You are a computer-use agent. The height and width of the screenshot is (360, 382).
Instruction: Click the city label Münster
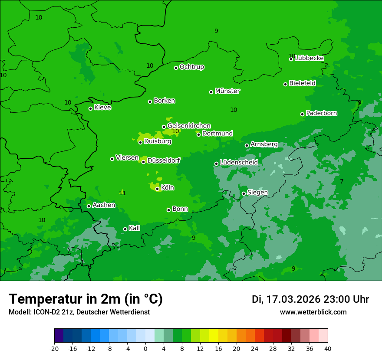click(x=227, y=91)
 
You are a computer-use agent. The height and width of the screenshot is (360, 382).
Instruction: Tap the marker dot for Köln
click(x=157, y=189)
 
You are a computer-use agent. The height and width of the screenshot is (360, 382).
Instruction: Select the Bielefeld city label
click(x=303, y=83)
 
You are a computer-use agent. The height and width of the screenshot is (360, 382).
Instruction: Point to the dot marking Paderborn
click(x=302, y=114)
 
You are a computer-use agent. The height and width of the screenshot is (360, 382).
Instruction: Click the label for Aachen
click(x=104, y=205)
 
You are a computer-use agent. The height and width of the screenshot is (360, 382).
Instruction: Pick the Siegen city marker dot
click(x=244, y=193)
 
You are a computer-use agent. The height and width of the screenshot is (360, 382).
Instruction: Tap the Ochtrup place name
click(x=192, y=67)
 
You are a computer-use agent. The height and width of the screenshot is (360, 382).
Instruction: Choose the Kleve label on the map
click(x=102, y=108)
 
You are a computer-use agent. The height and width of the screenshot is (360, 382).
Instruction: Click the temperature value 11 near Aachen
click(x=122, y=193)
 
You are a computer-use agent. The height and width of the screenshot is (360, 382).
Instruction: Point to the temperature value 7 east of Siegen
click(x=342, y=181)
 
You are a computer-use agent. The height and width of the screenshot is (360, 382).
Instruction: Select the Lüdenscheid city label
click(x=239, y=163)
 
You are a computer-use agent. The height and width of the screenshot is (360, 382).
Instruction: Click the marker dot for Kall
click(x=125, y=229)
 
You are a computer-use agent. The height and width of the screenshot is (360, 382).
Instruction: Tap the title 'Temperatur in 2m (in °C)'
click(x=86, y=299)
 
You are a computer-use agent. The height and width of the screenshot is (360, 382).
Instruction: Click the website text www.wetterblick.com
click(x=313, y=312)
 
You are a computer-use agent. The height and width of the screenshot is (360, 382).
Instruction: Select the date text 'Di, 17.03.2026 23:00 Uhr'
click(x=310, y=299)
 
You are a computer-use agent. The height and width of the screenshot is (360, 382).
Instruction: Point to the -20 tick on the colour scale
click(x=54, y=348)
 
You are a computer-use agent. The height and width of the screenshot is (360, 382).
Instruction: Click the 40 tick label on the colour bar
click(x=328, y=348)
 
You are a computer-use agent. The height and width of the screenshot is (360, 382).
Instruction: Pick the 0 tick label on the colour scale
click(x=145, y=348)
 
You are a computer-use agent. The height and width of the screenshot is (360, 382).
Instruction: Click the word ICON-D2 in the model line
click(x=46, y=312)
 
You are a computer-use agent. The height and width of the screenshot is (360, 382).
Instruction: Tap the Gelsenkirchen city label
click(x=189, y=126)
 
